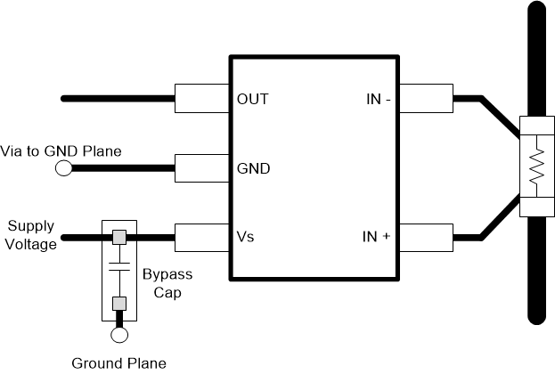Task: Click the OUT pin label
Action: pos(253,99)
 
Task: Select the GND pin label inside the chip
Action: pos(253,168)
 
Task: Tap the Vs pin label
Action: pos(247,238)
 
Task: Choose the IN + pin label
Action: pos(374,238)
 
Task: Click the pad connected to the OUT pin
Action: pos(202,98)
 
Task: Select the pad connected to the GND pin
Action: pos(202,168)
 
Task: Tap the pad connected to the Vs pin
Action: pos(202,238)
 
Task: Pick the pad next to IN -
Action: pos(427,98)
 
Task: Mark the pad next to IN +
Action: pos(427,238)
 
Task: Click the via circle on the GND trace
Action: pos(64,168)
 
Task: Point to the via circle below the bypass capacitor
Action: pos(118,336)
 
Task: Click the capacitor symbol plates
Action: pos(118,268)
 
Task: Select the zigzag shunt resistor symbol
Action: pos(536,167)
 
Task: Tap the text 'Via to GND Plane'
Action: pos(61,151)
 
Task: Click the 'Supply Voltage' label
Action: pos(32,235)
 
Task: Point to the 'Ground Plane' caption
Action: pos(118,362)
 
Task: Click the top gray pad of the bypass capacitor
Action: pos(118,238)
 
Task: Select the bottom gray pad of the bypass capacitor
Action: pos(118,304)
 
